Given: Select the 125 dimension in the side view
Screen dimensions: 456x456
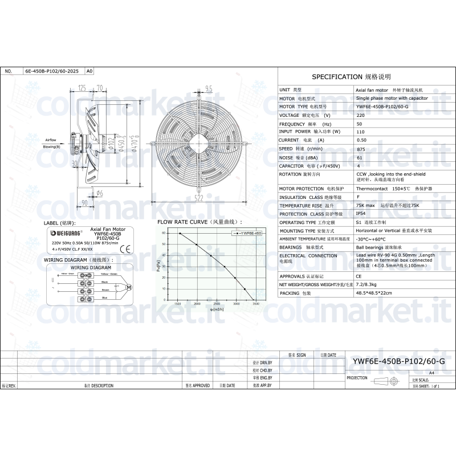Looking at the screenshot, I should tap(82, 88).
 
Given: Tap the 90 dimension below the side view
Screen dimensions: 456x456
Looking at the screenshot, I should tap(84, 202).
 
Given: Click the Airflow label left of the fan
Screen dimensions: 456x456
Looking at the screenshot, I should tap(51, 140).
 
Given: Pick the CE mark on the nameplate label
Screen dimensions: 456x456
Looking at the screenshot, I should tap(128, 248).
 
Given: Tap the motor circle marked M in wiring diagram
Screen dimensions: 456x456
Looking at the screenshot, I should tap(128, 286).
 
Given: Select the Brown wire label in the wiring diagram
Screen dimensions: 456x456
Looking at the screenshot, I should tap(104, 290).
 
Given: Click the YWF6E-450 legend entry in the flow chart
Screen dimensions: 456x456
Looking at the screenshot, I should tap(247, 233).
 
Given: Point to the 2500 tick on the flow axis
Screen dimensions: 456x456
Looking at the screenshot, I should tap(217, 304).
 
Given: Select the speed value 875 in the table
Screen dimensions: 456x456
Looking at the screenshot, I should tap(360, 148).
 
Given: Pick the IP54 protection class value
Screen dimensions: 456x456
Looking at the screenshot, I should tap(363, 214).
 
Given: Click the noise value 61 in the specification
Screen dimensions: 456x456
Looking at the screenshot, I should tap(360, 157).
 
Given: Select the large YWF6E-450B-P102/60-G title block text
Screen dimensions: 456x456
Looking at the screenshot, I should tap(398, 361).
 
